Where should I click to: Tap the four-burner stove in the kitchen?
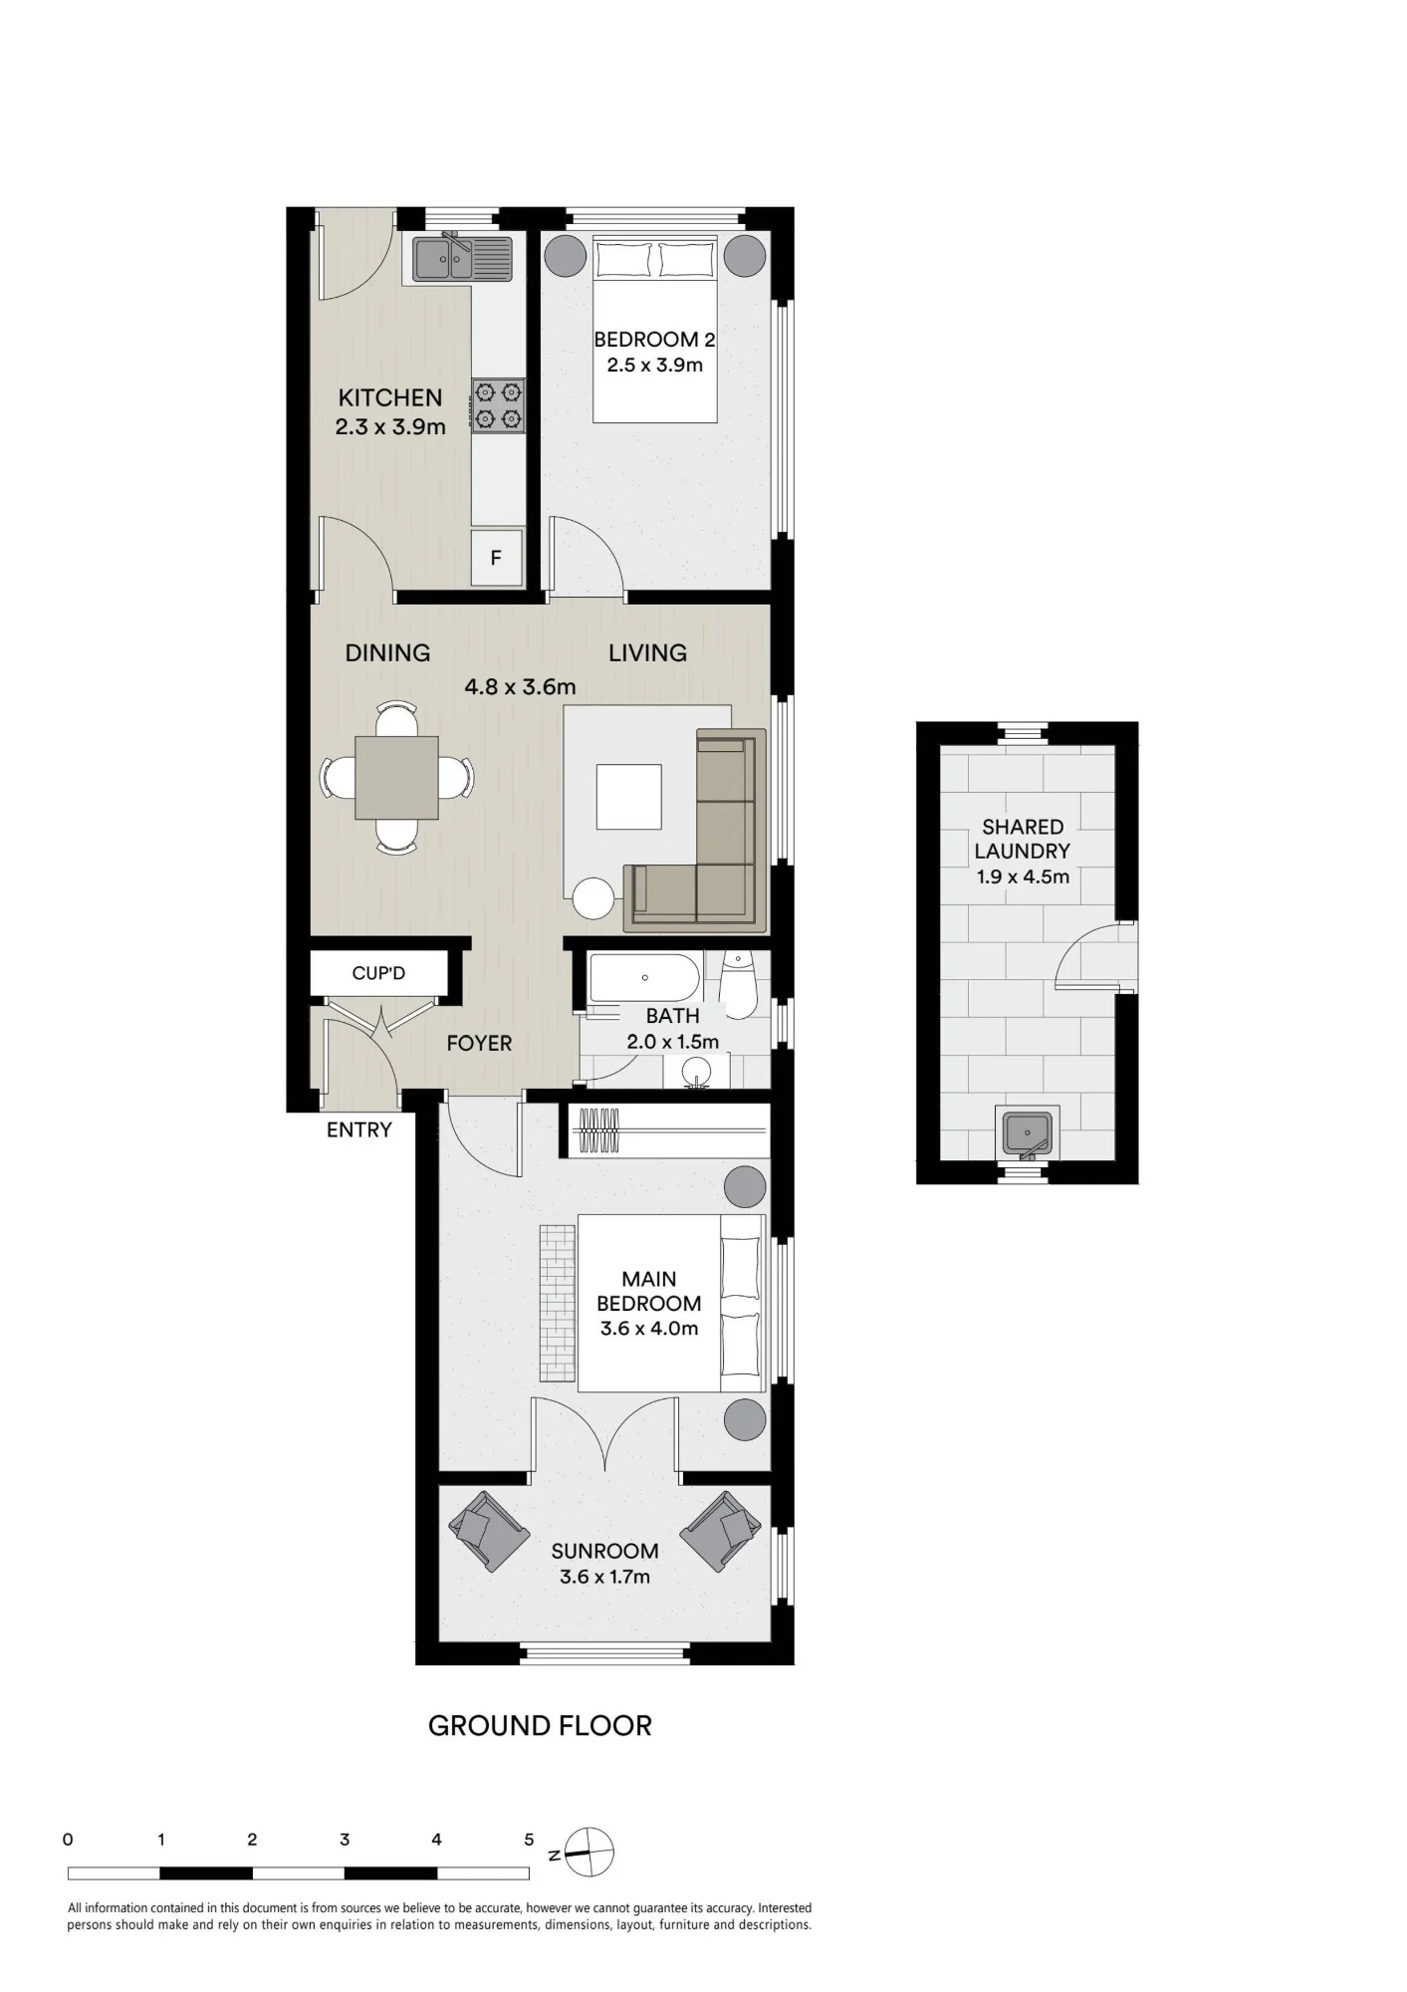click(x=499, y=404)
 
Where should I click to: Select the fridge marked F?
click(x=496, y=558)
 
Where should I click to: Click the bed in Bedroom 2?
click(x=655, y=329)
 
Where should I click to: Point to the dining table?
click(x=396, y=777)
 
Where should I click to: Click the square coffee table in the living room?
click(x=629, y=796)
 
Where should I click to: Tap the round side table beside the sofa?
click(x=594, y=897)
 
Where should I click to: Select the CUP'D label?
click(x=378, y=973)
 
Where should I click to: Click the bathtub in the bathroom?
click(x=645, y=978)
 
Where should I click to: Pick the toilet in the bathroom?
click(x=738, y=985)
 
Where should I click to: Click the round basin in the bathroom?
click(x=695, y=1073)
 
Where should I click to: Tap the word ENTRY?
click(x=359, y=1129)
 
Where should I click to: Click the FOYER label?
click(x=479, y=1043)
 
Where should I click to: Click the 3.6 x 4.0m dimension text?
click(x=649, y=1328)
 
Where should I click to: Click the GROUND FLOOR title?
click(x=540, y=1726)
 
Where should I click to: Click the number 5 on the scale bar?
click(x=530, y=1840)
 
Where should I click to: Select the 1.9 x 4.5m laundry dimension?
click(x=1023, y=876)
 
